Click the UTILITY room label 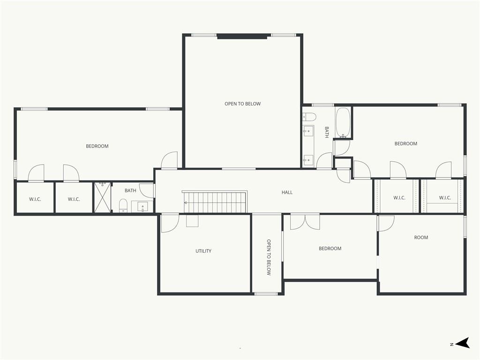click(x=203, y=251)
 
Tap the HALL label click(x=287, y=192)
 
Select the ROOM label click(x=421, y=237)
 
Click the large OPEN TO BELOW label click(x=242, y=104)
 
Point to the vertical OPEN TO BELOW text click(x=269, y=257)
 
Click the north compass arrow click(x=463, y=343)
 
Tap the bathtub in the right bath click(x=343, y=122)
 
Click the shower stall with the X click(x=102, y=197)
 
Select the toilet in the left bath click(x=123, y=205)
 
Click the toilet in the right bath click(x=309, y=117)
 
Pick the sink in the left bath click(x=142, y=207)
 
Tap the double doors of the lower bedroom click(x=305, y=222)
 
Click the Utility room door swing click(x=170, y=223)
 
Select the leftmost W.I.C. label click(x=35, y=199)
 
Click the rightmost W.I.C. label click(x=445, y=198)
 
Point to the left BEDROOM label click(x=97, y=146)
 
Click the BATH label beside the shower click(x=130, y=190)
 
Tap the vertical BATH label click(x=327, y=132)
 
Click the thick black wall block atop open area click(x=242, y=36)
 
